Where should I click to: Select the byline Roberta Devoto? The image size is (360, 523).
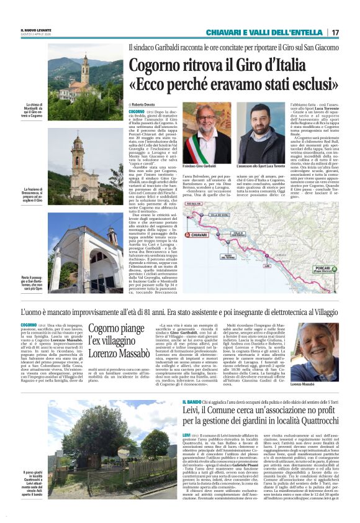[144, 105]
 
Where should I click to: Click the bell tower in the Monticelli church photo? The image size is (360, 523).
[85, 69]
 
